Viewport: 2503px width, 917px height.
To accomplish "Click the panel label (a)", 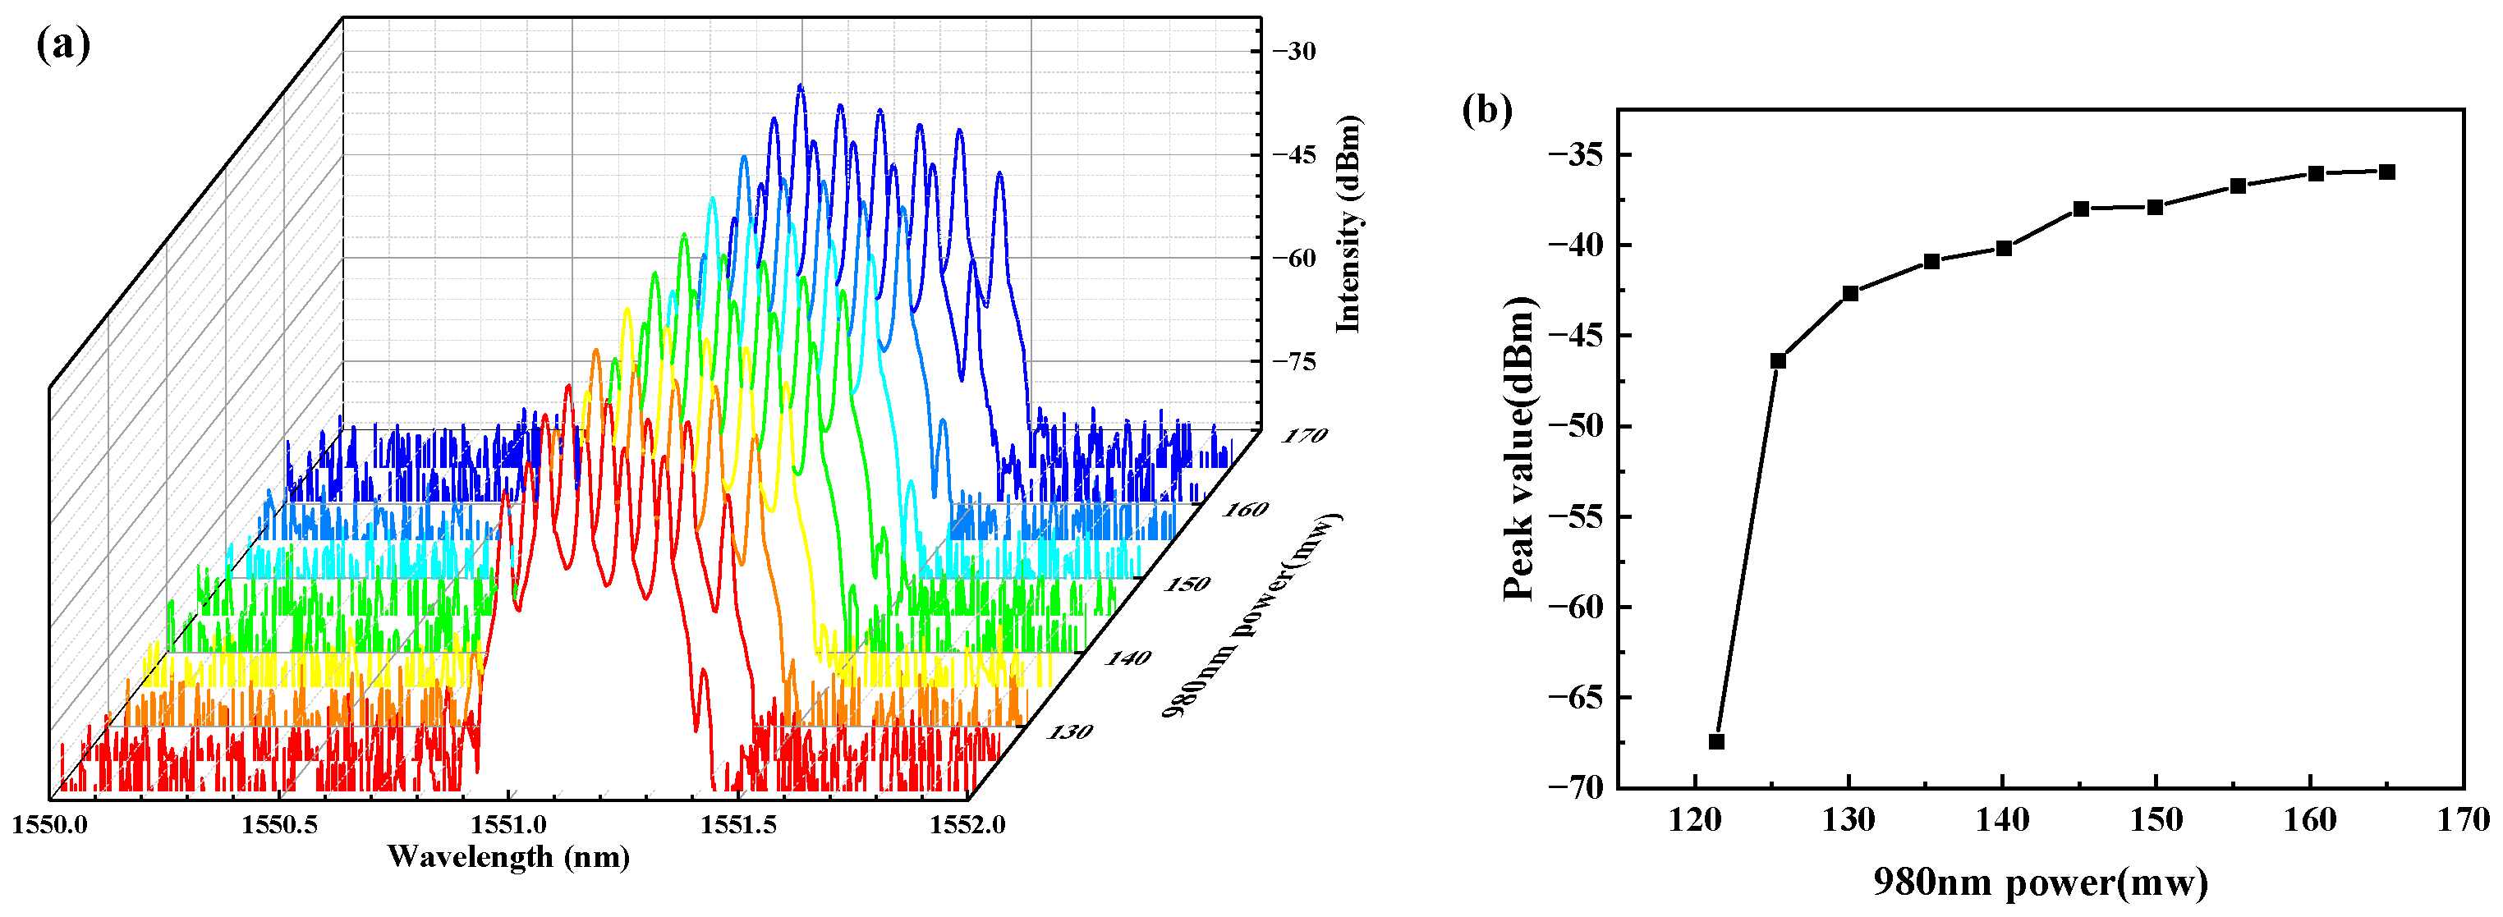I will tap(63, 46).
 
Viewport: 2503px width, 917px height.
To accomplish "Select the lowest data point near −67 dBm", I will tap(1716, 741).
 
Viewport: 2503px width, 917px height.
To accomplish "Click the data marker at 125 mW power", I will tap(1778, 360).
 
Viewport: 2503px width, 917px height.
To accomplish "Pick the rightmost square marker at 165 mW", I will tap(2386, 172).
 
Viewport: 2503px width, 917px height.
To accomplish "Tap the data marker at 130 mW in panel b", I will tap(1850, 293).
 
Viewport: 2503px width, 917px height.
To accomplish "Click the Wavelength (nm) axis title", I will tap(508, 857).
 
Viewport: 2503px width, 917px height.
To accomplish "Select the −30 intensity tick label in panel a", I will tap(1294, 52).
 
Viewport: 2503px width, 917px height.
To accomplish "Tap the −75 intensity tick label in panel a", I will tap(1294, 361).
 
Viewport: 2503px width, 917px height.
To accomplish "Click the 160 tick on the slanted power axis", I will tap(1246, 509).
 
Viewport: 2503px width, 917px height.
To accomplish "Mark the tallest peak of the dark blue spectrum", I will tap(801, 86).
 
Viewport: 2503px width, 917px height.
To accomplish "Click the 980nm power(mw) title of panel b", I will tap(2041, 882).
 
